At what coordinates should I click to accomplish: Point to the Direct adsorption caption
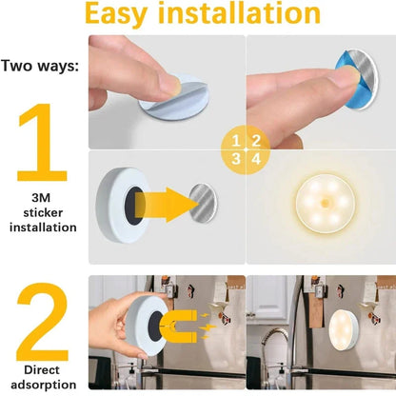pos(41,378)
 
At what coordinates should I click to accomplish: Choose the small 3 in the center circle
pos(236,159)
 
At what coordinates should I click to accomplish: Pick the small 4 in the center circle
pos(255,159)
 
